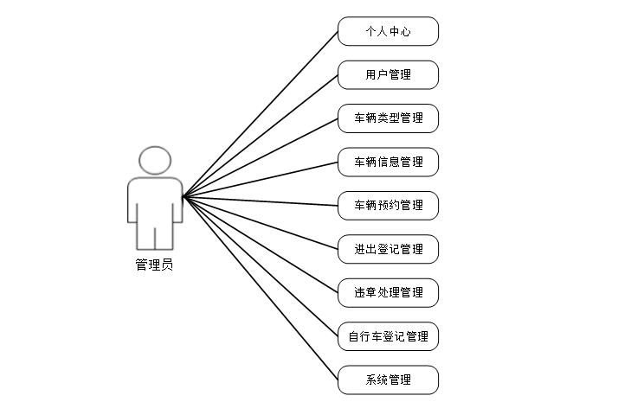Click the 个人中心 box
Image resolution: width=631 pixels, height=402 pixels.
pos(388,32)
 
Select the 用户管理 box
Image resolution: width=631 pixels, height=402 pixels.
pos(388,75)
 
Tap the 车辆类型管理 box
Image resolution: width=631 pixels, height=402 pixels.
pos(388,118)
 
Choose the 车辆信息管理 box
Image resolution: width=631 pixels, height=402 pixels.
pos(388,162)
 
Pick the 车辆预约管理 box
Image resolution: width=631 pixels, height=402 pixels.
pos(388,206)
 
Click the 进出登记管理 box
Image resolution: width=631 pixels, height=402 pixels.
pos(388,249)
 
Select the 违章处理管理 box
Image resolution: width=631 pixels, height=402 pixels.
pos(388,292)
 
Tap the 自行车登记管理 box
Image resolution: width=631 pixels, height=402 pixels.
pos(388,336)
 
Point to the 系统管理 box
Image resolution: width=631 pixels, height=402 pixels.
pos(388,380)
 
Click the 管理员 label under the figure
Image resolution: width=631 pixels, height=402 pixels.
pos(154,265)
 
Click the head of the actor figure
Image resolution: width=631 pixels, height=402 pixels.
pos(154,161)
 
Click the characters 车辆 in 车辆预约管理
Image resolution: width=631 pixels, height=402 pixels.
pos(364,206)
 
